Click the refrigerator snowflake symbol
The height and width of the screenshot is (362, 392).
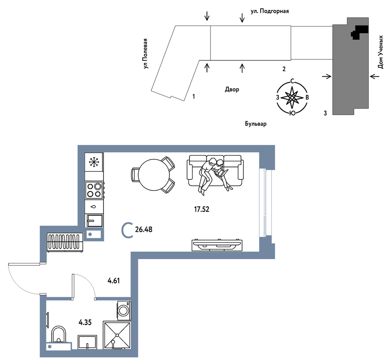[x=94, y=162]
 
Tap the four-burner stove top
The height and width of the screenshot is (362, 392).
[x=94, y=190]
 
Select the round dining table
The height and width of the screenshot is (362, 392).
[x=154, y=174]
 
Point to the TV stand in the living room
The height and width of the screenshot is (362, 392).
[x=217, y=245]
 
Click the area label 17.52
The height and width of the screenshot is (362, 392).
[x=201, y=209]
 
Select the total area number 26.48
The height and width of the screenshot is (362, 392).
[x=143, y=229]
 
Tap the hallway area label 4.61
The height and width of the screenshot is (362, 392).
[x=114, y=281]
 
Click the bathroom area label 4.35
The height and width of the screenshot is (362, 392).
[x=85, y=322]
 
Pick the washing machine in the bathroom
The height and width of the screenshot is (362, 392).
[x=124, y=310]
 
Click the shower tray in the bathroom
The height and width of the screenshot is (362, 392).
[x=117, y=335]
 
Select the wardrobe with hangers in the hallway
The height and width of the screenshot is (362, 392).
[x=65, y=242]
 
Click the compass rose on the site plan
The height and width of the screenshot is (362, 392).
[x=292, y=98]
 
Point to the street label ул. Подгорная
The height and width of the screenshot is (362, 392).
[x=270, y=11]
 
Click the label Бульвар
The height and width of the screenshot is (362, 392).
[x=256, y=124]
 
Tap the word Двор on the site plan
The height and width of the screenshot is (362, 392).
[x=232, y=89]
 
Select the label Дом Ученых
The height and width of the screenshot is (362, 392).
[x=380, y=52]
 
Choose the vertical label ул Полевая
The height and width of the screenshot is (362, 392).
[x=145, y=54]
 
